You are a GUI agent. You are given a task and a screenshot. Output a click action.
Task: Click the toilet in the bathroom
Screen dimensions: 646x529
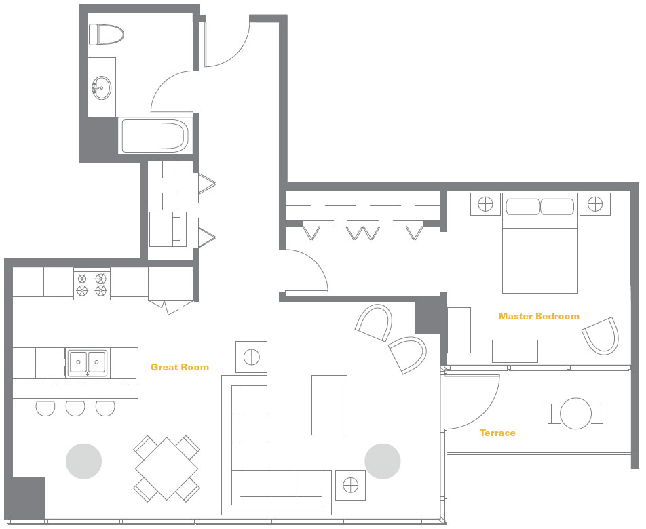tap(107, 34)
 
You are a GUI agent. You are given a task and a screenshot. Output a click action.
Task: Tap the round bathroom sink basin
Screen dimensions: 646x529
tap(101, 87)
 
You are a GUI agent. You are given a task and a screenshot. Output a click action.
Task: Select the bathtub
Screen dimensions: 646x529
tap(155, 136)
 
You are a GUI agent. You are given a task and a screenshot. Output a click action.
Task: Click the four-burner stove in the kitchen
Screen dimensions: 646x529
tap(92, 284)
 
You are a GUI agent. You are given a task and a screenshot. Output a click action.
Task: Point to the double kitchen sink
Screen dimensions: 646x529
tap(87, 363)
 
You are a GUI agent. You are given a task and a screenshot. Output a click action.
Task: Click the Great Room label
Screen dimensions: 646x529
tap(180, 367)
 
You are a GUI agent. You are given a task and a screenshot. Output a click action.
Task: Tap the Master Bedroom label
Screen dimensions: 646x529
tap(539, 316)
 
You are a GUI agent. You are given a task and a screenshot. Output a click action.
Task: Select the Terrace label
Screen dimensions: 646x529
tap(497, 433)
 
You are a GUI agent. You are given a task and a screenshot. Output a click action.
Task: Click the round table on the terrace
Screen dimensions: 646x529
tap(575, 413)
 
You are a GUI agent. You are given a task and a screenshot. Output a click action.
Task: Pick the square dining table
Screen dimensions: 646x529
tap(167, 469)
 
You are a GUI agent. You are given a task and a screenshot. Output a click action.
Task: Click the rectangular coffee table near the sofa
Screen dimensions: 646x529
tap(329, 405)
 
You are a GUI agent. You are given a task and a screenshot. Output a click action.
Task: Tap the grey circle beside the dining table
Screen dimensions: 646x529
tap(83, 461)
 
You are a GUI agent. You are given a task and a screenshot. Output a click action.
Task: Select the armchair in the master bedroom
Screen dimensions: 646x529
tap(601, 336)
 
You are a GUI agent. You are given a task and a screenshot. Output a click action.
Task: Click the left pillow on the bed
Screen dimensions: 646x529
tap(522, 207)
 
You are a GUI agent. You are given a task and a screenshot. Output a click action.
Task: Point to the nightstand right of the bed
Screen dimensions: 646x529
tap(595, 203)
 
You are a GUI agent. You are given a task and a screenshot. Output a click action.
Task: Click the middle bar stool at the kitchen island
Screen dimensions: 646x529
tap(75, 408)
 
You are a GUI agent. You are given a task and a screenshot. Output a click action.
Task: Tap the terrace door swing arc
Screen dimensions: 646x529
tap(487, 412)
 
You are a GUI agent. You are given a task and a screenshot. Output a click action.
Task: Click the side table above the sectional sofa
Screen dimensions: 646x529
tap(251, 357)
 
